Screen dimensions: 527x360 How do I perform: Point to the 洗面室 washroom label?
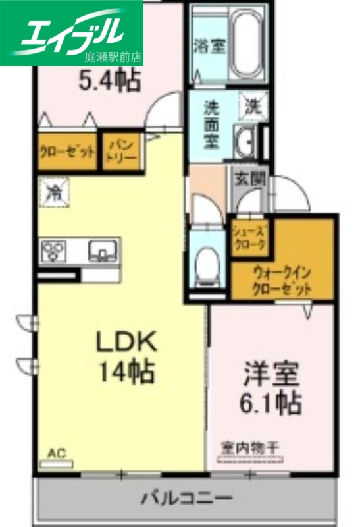point(211,123)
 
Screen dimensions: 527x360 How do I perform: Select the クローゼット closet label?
point(66,152)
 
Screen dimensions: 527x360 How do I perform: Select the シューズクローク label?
point(250,238)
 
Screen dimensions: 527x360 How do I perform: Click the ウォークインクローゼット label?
point(280,280)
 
